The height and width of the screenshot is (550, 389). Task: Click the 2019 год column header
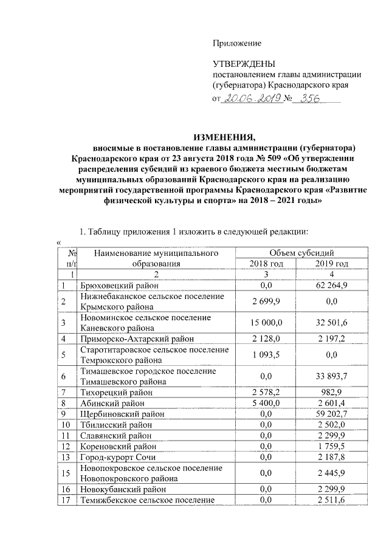click(332, 263)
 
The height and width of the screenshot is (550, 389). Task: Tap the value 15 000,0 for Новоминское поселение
click(264, 323)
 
